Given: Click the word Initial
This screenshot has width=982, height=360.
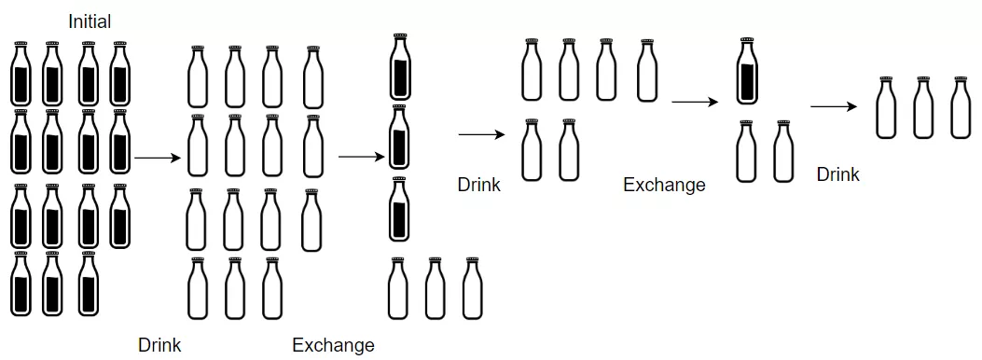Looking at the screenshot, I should pyautogui.click(x=89, y=21).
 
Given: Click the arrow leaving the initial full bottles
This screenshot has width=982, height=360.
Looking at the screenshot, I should pyautogui.click(x=157, y=159).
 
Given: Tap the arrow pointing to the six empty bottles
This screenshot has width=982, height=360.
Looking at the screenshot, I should pyautogui.click(x=480, y=135).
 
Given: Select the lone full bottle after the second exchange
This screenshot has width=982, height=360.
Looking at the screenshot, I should pyautogui.click(x=745, y=72).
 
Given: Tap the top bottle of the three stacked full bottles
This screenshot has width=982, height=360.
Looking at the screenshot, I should pyautogui.click(x=400, y=67).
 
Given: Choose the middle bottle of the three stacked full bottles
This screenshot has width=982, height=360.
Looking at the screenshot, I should pyautogui.click(x=399, y=137).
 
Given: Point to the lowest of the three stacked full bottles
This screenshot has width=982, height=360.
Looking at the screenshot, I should pyautogui.click(x=399, y=210).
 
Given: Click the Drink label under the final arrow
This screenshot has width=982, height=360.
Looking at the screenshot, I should pyautogui.click(x=837, y=174).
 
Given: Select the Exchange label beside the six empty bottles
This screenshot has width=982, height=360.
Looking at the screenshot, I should pyautogui.click(x=664, y=185).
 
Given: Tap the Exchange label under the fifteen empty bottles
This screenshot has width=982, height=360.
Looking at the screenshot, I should pyautogui.click(x=333, y=345).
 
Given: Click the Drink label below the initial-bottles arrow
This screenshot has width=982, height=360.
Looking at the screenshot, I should pyautogui.click(x=159, y=345).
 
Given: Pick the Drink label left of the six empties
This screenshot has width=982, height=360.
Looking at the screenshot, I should pyautogui.click(x=478, y=185).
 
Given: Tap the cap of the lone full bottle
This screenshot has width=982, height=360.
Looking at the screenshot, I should pyautogui.click(x=745, y=42).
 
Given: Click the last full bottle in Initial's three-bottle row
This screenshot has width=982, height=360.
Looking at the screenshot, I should pyautogui.click(x=88, y=284).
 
